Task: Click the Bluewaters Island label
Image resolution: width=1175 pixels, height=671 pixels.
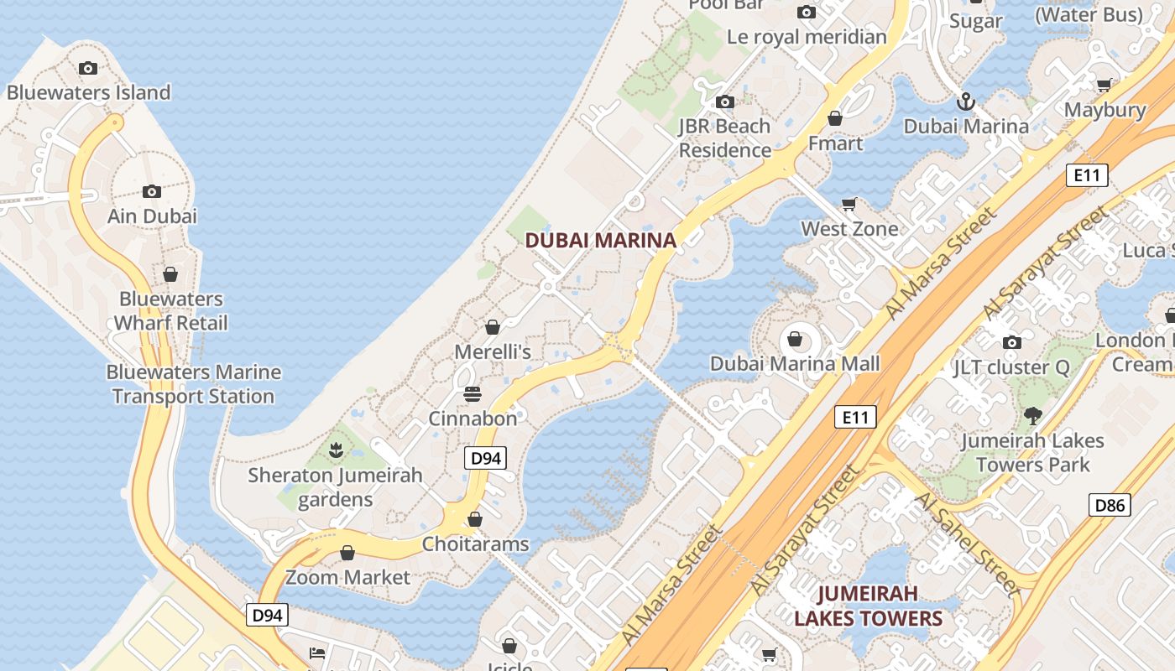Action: click(88, 92)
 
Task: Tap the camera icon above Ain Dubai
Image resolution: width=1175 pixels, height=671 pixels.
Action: click(152, 191)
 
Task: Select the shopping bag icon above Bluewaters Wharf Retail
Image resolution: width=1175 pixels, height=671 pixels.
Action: click(170, 274)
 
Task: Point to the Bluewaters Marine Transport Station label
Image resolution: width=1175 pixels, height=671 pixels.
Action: click(193, 384)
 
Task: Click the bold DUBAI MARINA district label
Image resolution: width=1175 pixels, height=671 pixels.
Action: click(600, 241)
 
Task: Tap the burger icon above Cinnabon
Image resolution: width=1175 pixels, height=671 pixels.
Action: click(473, 393)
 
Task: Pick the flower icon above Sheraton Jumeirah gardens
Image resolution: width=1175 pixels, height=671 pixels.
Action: click(336, 450)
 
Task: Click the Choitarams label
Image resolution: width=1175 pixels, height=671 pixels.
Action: click(475, 544)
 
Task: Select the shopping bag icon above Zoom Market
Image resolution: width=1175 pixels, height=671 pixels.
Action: click(347, 553)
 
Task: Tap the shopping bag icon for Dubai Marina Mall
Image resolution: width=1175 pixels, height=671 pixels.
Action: click(794, 340)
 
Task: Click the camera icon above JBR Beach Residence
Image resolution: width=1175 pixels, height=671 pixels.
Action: click(724, 102)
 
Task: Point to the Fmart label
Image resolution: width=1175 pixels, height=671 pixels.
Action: click(835, 143)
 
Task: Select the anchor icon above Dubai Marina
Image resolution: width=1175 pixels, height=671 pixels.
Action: click(966, 101)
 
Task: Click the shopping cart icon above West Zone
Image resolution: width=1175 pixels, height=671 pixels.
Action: click(849, 205)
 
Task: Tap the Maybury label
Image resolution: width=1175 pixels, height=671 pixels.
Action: click(1104, 110)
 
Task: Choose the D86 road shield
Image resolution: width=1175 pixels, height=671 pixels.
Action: click(1110, 505)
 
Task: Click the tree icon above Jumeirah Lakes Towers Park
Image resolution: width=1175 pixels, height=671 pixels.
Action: click(1033, 415)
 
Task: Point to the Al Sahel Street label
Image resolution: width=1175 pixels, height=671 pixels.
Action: click(967, 544)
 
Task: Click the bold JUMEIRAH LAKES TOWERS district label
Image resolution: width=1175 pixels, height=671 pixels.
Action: click(868, 606)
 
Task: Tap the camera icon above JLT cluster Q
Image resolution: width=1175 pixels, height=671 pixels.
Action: click(1012, 342)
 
